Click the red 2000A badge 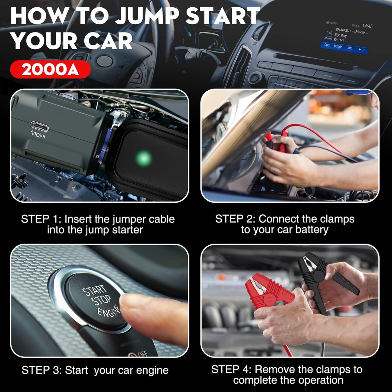[x=50, y=69]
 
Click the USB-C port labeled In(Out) [x=40, y=126]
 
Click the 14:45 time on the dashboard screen [x=367, y=26]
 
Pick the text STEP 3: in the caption [x=42, y=370]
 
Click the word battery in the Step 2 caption [x=312, y=230]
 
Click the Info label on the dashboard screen [x=350, y=48]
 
